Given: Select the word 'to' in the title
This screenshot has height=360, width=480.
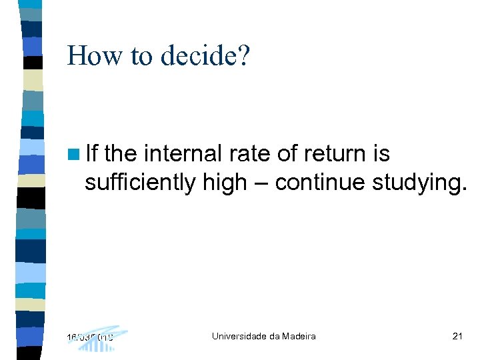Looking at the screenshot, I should pos(141,57).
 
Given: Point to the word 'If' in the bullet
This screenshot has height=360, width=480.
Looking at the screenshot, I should pos(92,154).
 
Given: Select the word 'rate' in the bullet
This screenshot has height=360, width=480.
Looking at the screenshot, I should pos(250,154).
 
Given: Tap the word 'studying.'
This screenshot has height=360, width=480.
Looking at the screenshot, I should pos(417,181).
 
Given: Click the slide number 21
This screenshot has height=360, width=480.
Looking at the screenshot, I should pos(457,336).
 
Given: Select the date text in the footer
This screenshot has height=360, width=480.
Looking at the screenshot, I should pos(90,337).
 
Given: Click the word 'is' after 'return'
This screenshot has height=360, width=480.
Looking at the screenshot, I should pos(382,154).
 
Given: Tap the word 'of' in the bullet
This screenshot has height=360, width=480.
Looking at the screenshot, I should pos(287,154).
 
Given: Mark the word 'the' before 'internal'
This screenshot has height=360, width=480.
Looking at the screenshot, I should pos(121,154).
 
